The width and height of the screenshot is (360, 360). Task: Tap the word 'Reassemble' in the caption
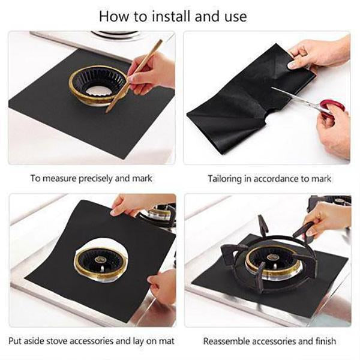coord(225,341)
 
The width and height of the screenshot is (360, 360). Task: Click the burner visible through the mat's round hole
coord(101,259)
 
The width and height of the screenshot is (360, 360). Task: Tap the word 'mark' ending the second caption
coord(320,179)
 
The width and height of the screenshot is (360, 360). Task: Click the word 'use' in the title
coord(234,16)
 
